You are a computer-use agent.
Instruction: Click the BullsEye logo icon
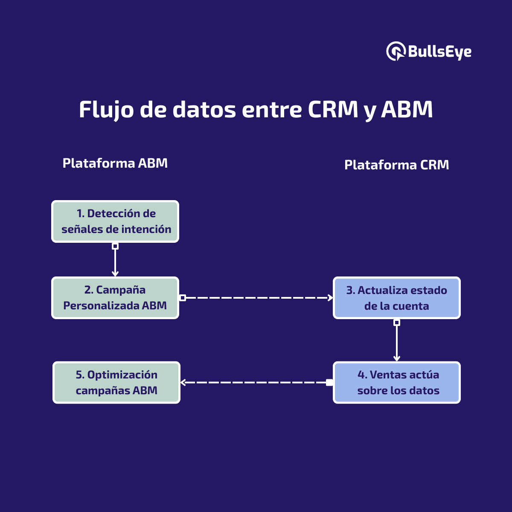395,51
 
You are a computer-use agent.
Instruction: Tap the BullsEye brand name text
439,52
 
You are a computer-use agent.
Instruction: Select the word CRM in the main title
333,110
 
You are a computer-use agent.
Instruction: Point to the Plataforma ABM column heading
115,163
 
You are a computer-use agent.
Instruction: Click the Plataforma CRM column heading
396,165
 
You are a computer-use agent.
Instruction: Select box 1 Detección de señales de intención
115,221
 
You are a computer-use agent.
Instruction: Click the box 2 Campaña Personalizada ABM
115,298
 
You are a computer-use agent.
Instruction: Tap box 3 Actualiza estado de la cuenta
396,298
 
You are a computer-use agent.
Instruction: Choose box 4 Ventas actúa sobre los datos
396,382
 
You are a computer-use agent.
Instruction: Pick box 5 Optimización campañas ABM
116,382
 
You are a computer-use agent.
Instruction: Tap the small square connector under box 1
115,246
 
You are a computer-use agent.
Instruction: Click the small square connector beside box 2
183,297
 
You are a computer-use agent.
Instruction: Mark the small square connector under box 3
396,323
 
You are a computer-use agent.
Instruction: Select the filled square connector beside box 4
329,382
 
